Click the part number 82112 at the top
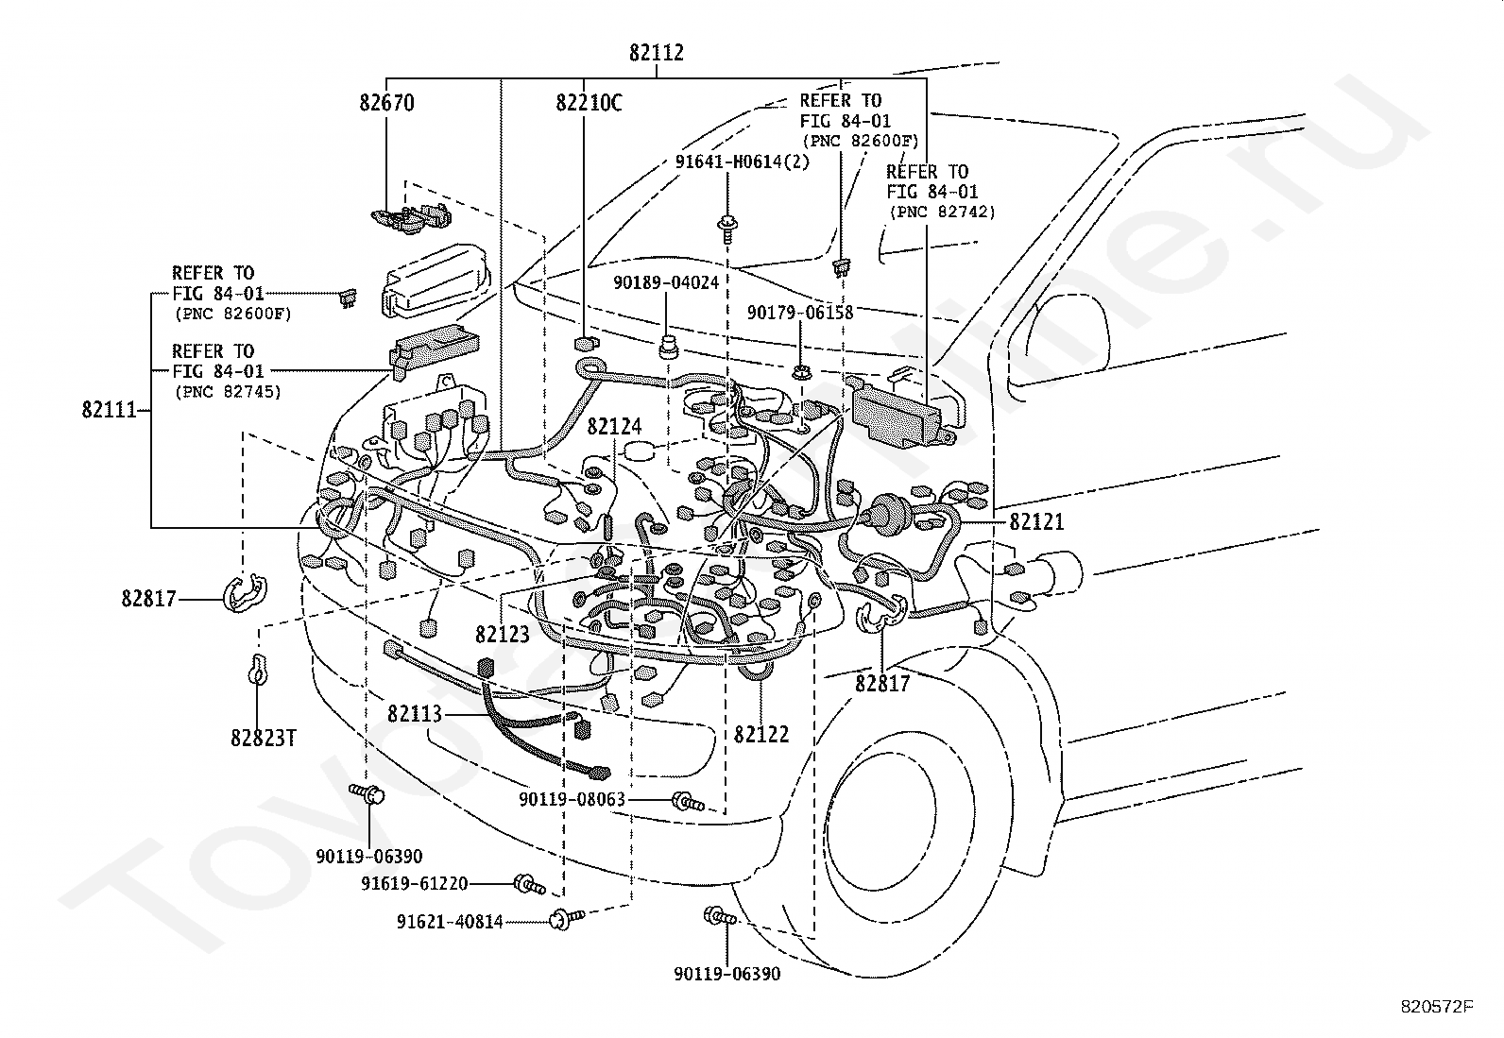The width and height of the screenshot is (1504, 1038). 656,52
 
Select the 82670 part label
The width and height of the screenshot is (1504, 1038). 386,103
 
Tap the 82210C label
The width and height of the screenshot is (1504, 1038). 589,103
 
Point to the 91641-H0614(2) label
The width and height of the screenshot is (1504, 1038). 743,162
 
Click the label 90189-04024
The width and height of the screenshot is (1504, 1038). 666,282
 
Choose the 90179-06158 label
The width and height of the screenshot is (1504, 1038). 800,313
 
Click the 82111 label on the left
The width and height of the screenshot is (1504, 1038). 109,410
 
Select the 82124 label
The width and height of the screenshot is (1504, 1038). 614,426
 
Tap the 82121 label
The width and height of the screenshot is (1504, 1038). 1036,521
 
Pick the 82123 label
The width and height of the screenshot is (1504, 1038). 503,634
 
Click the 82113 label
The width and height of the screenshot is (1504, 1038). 415,714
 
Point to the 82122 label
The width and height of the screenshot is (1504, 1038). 761,735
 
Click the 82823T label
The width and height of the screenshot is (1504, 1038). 264,739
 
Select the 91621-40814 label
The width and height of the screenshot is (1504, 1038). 450,922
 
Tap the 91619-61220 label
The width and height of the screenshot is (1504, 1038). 415,884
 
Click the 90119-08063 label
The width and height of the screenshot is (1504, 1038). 573,799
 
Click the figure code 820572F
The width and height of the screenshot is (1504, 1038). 1437,1007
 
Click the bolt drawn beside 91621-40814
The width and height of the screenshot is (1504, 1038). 567,918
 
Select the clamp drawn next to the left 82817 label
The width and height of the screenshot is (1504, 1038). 244,593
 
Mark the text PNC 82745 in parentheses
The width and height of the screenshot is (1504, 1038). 228,391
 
